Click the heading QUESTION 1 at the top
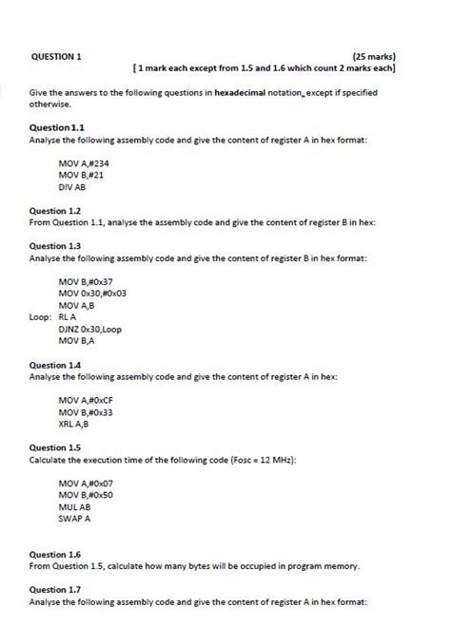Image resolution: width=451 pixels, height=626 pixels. (x=56, y=56)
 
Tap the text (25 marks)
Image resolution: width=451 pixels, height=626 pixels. (x=374, y=56)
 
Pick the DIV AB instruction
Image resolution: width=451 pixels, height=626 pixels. (x=72, y=188)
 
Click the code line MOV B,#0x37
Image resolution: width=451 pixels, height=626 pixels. (x=86, y=281)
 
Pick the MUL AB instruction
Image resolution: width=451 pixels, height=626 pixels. (x=74, y=507)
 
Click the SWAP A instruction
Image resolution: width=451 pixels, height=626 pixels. (x=74, y=520)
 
